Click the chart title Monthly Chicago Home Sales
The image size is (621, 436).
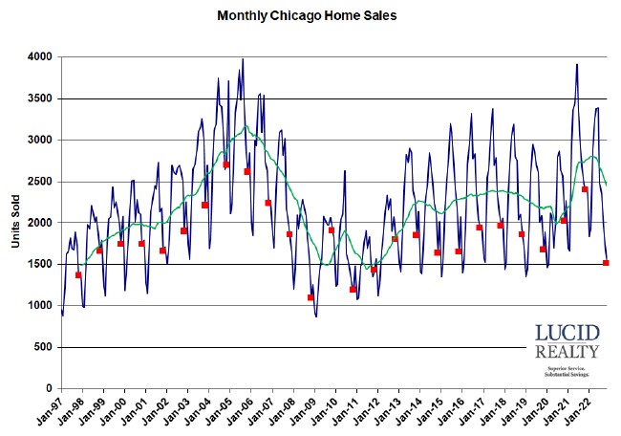tap(307, 16)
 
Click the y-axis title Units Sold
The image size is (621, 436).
tap(16, 222)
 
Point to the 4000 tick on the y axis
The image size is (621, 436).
tap(37, 57)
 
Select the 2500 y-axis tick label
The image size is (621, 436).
tap(37, 182)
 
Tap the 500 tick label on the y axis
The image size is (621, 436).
tap(40, 347)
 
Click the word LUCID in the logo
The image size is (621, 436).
tap(567, 334)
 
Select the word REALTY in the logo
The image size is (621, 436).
tap(567, 353)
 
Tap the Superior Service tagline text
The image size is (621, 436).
tap(567, 368)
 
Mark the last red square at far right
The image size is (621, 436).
tap(606, 263)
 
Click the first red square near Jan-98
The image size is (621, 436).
tap(78, 275)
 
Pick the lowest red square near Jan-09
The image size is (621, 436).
tap(310, 297)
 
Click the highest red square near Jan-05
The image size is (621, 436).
tap(226, 164)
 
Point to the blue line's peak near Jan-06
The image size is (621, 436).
tap(243, 59)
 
